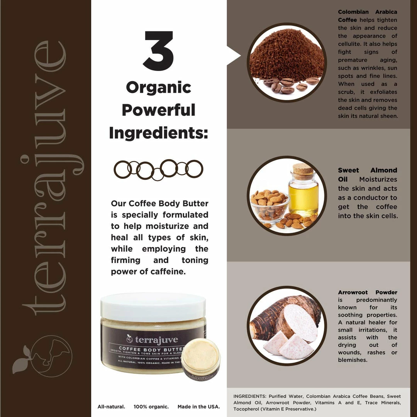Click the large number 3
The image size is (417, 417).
click(x=159, y=51)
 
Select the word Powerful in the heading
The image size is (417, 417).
click(x=159, y=110)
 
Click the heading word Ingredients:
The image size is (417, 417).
click(x=159, y=133)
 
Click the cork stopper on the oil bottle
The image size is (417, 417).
click(x=303, y=169)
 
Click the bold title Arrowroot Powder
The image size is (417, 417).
click(x=368, y=292)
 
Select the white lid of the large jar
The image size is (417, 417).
click(x=153, y=306)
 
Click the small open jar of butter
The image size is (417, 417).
click(x=201, y=359)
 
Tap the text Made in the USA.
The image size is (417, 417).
click(x=199, y=407)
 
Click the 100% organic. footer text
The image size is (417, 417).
click(x=151, y=407)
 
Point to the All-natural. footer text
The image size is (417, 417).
click(x=111, y=407)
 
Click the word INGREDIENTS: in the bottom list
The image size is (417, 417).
click(x=250, y=396)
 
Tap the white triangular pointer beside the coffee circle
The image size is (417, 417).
click(x=234, y=56)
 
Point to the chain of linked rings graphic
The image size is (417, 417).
click(x=159, y=170)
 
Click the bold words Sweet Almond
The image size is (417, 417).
click(x=368, y=170)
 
